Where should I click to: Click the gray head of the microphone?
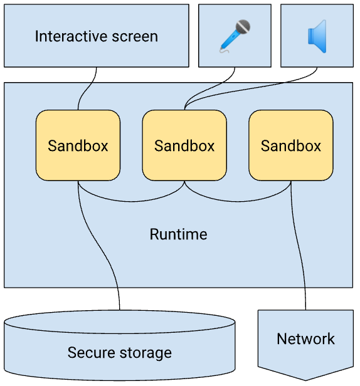coord(243,27)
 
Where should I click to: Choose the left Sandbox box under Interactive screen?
coord(78,145)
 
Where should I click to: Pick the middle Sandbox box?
coord(184,145)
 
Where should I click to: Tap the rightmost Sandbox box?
coord(291,145)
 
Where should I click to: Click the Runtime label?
coord(178,235)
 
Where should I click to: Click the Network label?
coord(305,339)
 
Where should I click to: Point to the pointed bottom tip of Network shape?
coord(305,378)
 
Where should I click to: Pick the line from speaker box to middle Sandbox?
coord(263,88)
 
